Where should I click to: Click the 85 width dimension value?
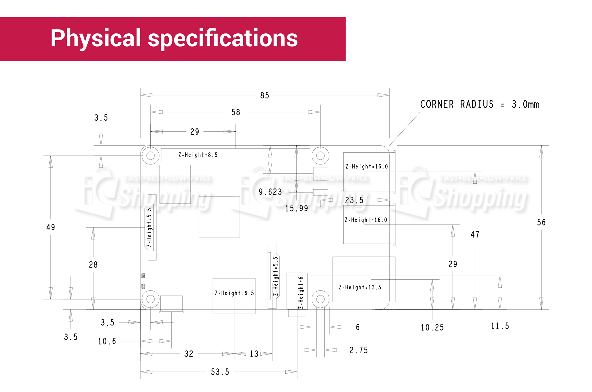265,95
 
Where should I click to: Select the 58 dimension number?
236,112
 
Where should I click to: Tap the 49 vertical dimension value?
51,227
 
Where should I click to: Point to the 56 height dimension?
541,222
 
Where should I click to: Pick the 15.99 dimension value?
297,209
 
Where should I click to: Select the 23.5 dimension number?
354,201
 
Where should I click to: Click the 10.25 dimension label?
432,328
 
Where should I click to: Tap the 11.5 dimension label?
500,326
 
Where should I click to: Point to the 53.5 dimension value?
220,372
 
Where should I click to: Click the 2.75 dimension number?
358,350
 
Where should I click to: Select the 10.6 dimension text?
107,341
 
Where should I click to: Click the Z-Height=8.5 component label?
198,155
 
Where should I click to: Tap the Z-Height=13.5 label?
360,287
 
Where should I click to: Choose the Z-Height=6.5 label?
234,293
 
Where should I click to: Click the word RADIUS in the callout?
477,104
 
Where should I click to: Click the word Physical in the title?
96,38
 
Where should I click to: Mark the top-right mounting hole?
320,156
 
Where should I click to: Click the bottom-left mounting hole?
151,299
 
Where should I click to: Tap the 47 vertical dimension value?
475,235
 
